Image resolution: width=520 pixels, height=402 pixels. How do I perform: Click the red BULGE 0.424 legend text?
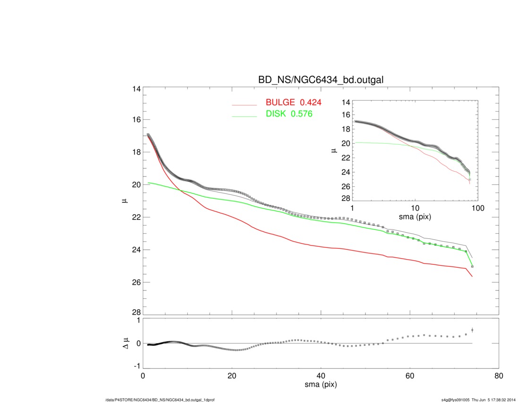293,103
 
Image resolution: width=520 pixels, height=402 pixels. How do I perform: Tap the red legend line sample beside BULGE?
244,104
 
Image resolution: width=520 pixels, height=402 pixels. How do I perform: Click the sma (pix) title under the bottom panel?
321,386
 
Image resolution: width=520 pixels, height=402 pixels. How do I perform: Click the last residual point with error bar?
472,330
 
